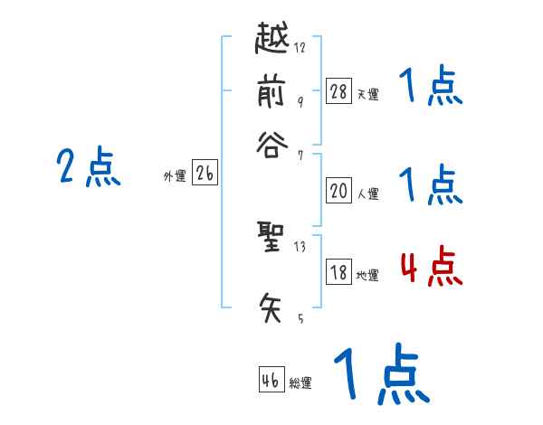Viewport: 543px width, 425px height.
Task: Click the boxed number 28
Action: [338, 90]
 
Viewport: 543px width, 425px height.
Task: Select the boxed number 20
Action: [338, 191]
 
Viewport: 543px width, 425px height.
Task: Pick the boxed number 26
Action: [204, 175]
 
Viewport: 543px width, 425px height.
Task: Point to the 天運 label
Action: [367, 94]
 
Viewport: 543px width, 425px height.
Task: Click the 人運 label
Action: [367, 194]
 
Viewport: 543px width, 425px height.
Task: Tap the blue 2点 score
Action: [89, 167]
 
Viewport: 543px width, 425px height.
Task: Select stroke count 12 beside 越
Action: [300, 48]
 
